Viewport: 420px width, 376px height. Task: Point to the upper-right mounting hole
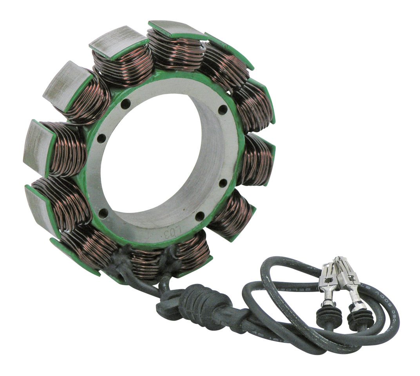pyautogui.click(x=224, y=108)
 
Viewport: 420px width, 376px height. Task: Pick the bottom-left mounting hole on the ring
pyautogui.click(x=103, y=212)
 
